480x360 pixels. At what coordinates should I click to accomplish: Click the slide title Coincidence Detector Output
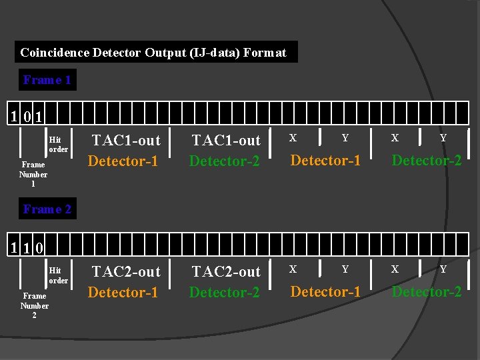click(153, 52)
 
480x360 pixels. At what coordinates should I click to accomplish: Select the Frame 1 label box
click(47, 80)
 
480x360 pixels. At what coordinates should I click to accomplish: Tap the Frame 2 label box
click(47, 209)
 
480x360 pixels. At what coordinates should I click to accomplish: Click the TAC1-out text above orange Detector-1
click(126, 140)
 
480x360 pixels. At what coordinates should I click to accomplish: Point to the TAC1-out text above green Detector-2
click(226, 140)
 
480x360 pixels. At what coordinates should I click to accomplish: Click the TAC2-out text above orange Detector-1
click(126, 271)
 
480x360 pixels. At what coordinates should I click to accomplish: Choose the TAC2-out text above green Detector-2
click(226, 271)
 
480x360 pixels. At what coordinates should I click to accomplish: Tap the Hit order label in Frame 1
click(58, 145)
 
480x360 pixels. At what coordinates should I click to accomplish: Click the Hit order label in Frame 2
click(58, 276)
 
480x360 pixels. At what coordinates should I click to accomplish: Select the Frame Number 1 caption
click(33, 173)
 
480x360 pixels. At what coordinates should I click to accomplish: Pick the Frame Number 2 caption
click(34, 305)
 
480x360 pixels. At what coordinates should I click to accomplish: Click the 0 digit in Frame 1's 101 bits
click(27, 117)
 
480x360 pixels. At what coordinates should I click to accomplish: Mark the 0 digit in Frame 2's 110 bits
click(39, 249)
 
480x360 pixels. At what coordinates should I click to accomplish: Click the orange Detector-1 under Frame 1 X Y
click(325, 160)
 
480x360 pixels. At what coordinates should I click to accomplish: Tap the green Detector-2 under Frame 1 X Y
click(427, 160)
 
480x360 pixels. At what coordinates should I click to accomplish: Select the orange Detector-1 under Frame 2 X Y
click(325, 291)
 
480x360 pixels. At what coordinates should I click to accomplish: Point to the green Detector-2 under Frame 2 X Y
click(427, 291)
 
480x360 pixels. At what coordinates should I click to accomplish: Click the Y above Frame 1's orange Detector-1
click(345, 138)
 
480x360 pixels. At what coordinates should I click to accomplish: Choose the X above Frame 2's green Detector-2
click(395, 269)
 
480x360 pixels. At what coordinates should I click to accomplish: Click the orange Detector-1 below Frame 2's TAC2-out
click(123, 292)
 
